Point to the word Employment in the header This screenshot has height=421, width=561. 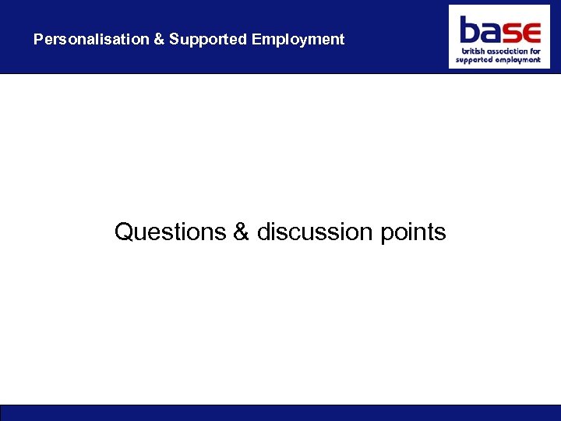pyautogui.click(x=298, y=39)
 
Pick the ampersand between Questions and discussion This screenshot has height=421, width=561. pyautogui.click(x=241, y=232)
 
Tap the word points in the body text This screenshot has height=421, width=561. pyautogui.click(x=414, y=232)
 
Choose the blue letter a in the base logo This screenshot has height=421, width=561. pyautogui.click(x=490, y=33)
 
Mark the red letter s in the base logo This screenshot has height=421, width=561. pyautogui.click(x=510, y=33)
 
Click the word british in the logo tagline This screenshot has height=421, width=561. pyautogui.click(x=469, y=51)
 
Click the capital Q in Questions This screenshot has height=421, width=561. pyautogui.click(x=124, y=232)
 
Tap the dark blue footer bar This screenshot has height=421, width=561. pyautogui.click(x=280, y=412)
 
